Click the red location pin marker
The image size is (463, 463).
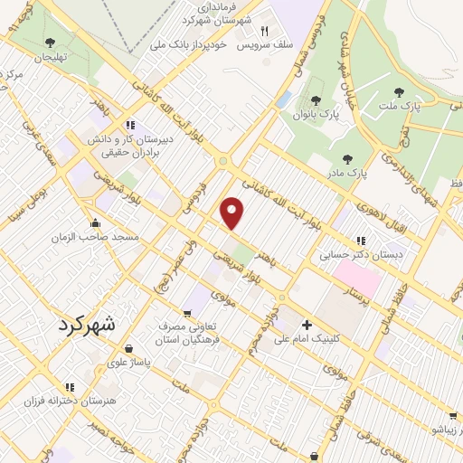[233, 213]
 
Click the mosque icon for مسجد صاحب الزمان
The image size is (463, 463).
[95, 223]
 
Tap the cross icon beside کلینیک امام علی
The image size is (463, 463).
[307, 325]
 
